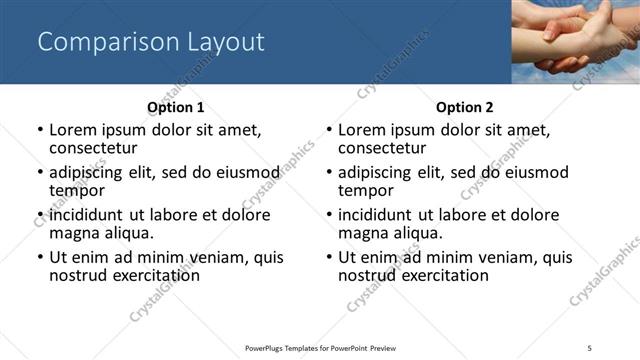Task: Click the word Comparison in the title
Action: coord(96,42)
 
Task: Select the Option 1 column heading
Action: coord(175,107)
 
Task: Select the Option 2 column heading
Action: coord(464,107)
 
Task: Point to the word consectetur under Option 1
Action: coord(92,148)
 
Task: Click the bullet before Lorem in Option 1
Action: coord(39,130)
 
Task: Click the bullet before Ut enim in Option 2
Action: coord(328,257)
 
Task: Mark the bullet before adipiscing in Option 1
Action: coord(39,172)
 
